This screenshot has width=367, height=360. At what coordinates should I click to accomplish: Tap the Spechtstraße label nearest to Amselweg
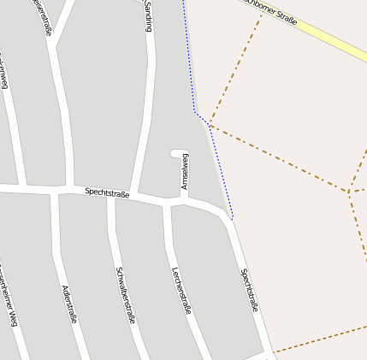point(107,194)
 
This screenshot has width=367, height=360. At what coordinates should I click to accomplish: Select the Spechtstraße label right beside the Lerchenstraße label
point(249,289)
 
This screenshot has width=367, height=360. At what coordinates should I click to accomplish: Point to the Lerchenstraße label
point(181,290)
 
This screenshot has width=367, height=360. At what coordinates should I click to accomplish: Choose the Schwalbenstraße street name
point(125,295)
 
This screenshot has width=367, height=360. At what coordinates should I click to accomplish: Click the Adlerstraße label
point(70,303)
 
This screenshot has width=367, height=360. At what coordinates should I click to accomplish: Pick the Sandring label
point(149,16)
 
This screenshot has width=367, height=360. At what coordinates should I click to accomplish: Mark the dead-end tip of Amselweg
point(174,154)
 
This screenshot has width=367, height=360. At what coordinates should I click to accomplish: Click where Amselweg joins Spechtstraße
point(184,200)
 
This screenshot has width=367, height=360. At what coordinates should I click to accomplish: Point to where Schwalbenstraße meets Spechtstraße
point(111,196)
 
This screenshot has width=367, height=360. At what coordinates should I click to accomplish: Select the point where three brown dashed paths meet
point(348,192)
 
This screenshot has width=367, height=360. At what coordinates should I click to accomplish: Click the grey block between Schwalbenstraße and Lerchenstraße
point(145,274)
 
